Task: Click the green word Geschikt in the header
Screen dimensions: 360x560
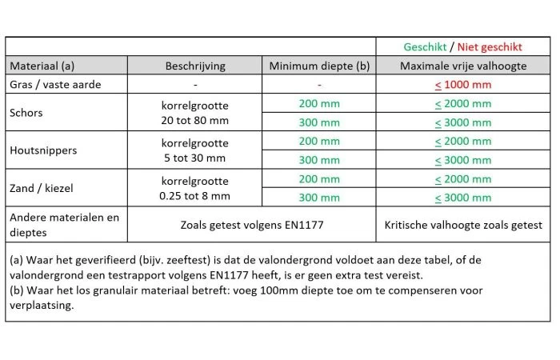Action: (x=425, y=47)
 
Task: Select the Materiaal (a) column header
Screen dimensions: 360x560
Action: (x=42, y=66)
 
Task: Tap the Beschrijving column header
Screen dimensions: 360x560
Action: (x=195, y=66)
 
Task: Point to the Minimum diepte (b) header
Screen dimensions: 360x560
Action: (x=319, y=66)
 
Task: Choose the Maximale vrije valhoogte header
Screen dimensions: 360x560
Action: (x=462, y=66)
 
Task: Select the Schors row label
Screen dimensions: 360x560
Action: (x=26, y=113)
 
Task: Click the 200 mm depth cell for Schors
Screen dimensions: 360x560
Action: (x=319, y=103)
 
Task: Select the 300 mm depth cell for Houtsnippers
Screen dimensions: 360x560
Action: (x=319, y=159)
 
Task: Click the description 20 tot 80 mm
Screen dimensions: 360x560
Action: (x=195, y=122)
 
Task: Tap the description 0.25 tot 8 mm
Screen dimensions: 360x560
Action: (x=195, y=196)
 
